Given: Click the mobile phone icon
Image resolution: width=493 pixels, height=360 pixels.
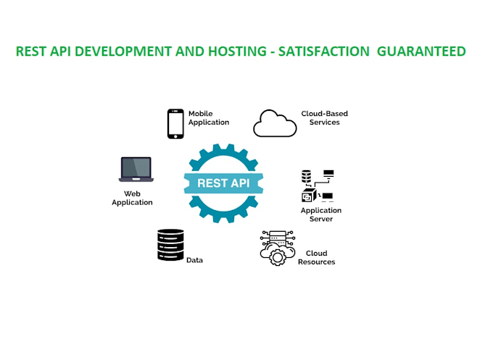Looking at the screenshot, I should pos(175,123).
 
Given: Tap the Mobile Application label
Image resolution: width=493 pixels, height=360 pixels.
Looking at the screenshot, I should pos(209,118).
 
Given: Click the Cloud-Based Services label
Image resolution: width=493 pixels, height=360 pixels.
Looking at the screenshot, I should pos(320,118).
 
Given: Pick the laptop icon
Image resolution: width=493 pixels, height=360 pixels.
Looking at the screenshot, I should pos(136,169).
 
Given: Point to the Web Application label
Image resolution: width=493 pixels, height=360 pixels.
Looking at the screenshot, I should pos(132,198).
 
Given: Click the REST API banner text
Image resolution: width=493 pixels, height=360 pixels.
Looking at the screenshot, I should pos(223,183).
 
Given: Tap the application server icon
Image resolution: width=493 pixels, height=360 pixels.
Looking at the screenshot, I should pos(317,186).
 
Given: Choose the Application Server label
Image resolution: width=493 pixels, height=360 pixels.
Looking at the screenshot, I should pos(321,214).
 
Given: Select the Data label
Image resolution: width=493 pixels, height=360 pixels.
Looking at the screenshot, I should pos(194,259).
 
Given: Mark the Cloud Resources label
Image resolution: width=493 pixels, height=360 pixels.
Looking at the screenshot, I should pos(317,257).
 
